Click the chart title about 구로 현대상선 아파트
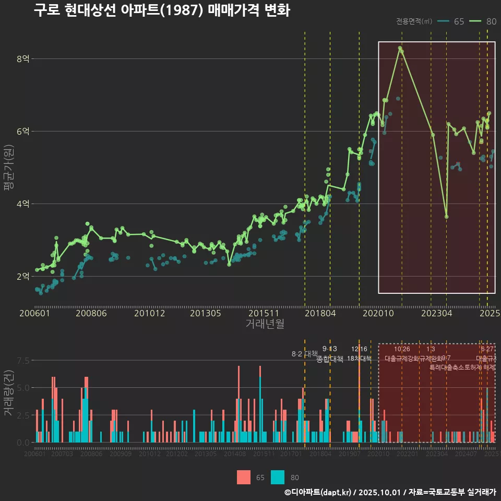(162, 10)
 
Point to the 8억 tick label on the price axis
(22, 59)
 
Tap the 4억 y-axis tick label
(22, 204)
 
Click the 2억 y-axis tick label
(22, 277)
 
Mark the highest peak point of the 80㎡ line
(400, 48)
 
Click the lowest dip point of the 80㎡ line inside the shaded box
(446, 217)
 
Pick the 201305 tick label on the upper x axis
(205, 314)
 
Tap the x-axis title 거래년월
(265, 324)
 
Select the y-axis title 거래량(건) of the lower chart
(8, 393)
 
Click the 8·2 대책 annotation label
(304, 354)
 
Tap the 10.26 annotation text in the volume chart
(402, 349)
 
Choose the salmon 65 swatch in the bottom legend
(244, 477)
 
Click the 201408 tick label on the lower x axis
(235, 454)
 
